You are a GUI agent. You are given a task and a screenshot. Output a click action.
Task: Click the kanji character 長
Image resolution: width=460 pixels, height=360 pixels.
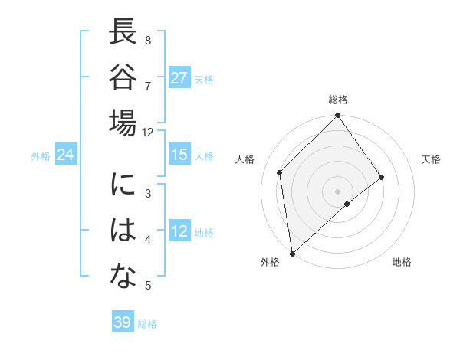click(123, 34)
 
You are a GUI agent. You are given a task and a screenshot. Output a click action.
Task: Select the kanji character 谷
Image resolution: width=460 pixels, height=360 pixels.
click(123, 78)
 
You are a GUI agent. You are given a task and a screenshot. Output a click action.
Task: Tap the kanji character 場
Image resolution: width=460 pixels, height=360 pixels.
click(123, 123)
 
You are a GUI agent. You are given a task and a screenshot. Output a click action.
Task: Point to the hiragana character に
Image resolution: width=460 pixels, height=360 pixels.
click(123, 186)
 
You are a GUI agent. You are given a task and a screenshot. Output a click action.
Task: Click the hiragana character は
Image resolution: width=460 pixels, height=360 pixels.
click(123, 231)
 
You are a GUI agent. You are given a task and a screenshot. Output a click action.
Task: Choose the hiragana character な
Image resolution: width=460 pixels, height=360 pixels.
click(123, 277)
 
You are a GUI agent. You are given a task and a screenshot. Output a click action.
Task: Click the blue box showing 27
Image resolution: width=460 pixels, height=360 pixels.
click(179, 78)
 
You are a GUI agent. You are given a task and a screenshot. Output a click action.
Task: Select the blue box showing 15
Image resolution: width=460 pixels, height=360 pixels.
click(179, 155)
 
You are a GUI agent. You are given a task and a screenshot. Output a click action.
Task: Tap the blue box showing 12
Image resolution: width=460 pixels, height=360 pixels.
click(179, 231)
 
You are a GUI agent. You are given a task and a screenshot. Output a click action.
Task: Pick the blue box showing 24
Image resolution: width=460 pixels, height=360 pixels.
click(65, 155)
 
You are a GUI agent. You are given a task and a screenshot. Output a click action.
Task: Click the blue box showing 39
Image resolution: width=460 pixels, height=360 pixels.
click(122, 322)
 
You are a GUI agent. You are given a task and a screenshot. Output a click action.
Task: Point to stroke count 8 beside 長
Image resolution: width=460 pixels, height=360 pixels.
click(148, 40)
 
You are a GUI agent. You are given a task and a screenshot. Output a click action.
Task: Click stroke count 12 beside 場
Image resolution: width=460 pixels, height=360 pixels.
click(148, 132)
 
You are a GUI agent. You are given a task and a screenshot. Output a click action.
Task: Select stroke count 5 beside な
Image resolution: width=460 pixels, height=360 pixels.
click(148, 286)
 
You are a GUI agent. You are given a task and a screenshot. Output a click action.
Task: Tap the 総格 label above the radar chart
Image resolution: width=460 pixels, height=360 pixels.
click(338, 100)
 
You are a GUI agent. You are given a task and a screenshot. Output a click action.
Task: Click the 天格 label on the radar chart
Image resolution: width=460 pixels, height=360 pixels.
click(431, 159)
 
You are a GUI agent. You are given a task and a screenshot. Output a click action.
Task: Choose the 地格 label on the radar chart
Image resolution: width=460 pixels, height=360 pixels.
click(402, 262)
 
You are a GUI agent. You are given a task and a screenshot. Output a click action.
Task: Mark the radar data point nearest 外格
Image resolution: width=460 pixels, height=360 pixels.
click(292, 253)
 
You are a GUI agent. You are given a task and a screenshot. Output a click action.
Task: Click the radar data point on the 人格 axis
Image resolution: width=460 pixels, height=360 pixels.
click(280, 172)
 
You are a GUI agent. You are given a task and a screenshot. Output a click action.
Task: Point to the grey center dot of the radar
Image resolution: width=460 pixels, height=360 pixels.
click(337, 191)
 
